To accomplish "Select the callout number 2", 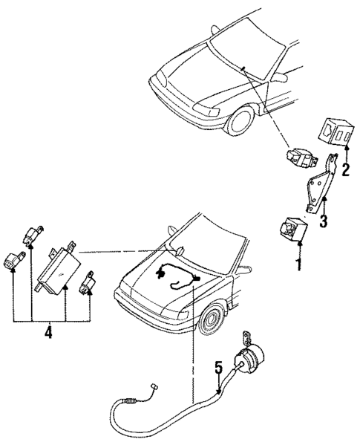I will pyautogui.click(x=345, y=171).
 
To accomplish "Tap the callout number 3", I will pyautogui.click(x=324, y=221).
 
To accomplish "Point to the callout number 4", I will pyautogui.click(x=48, y=334).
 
